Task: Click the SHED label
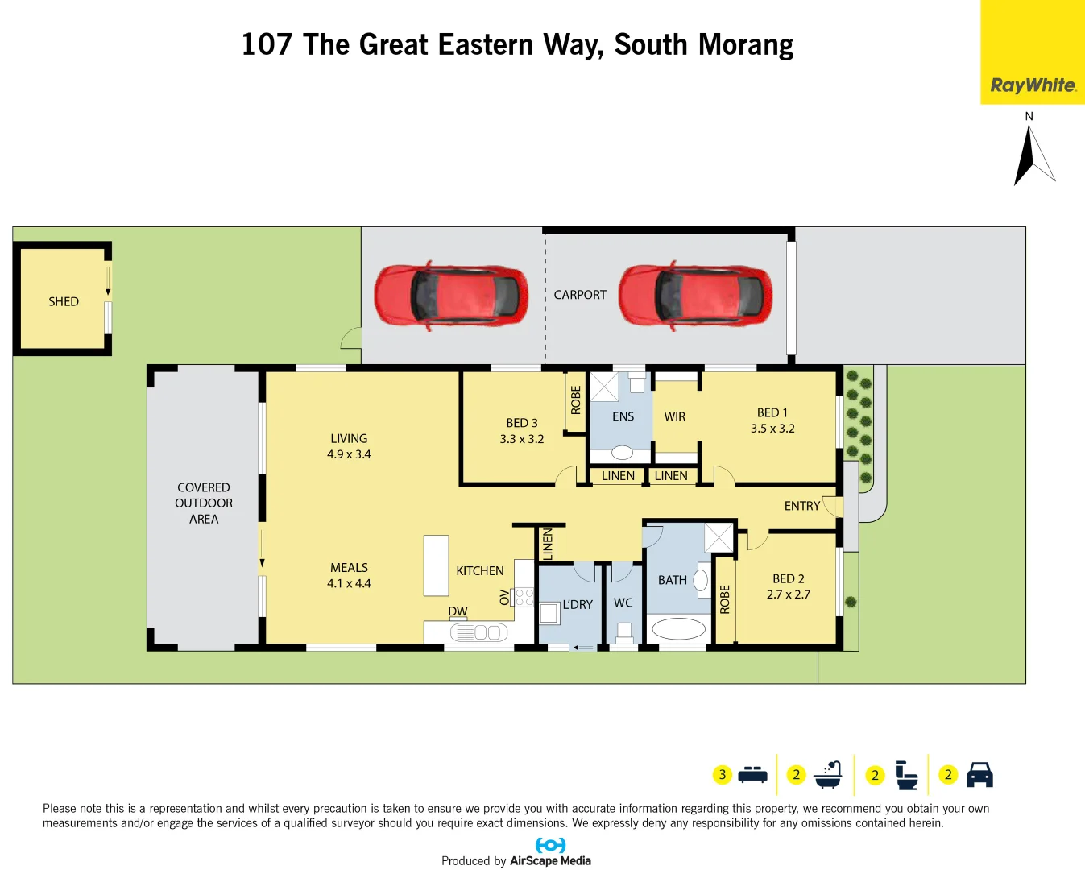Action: (64, 301)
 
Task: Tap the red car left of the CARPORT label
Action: (451, 295)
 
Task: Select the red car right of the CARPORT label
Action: (695, 295)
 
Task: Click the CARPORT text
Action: (580, 295)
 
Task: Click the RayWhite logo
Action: (1033, 85)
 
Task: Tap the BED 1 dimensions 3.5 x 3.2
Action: (772, 429)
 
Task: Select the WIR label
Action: (675, 416)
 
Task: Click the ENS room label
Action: (623, 416)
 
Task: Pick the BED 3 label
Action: (522, 423)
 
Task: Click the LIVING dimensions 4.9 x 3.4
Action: (349, 454)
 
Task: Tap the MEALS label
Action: (349, 568)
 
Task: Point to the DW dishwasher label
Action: (458, 611)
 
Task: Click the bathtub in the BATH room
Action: (678, 628)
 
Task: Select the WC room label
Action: (623, 603)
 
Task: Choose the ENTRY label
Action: (802, 506)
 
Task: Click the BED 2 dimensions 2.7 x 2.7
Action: (789, 594)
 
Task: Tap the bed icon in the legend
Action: (752, 774)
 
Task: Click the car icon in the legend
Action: (979, 774)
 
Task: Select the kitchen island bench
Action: (436, 565)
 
